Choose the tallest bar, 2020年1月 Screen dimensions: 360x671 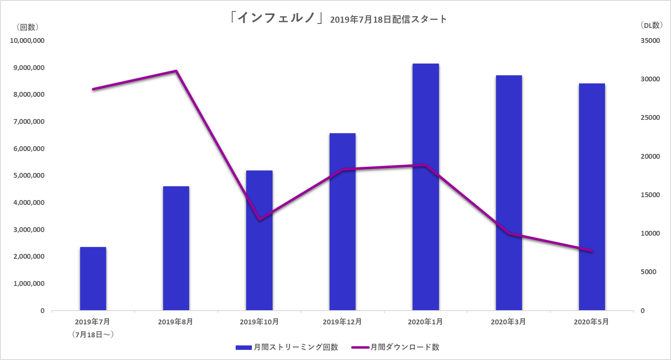(x=426, y=187)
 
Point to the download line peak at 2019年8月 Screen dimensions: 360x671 (x=176, y=71)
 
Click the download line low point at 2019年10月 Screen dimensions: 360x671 (x=260, y=220)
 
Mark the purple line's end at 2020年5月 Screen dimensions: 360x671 (x=592, y=251)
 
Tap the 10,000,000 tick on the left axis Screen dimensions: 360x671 (x=27, y=40)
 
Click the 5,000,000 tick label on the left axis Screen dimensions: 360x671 (x=29, y=175)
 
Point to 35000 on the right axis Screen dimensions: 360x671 (x=650, y=40)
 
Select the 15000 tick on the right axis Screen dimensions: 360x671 (x=650, y=195)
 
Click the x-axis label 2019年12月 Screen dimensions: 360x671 (x=342, y=322)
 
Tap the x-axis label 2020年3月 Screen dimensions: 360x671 (x=508, y=322)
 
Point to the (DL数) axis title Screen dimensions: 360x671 (x=651, y=25)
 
